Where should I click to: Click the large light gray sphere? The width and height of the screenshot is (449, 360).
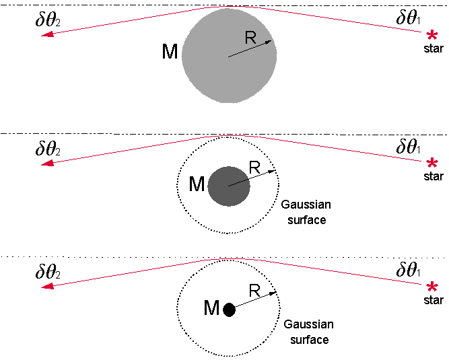point(229,56)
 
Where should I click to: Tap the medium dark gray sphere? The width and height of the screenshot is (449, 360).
point(229,186)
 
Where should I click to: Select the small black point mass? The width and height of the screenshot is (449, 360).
point(229,310)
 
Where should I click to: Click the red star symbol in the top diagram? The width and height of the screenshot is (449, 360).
point(431,36)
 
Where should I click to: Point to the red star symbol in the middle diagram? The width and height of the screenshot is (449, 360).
point(431,163)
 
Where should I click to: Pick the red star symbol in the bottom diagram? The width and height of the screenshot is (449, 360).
point(431,287)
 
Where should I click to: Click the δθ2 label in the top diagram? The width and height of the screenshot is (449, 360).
point(48,20)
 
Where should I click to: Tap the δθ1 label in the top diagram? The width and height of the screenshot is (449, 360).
point(409,17)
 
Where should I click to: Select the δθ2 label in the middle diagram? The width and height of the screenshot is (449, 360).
point(48,148)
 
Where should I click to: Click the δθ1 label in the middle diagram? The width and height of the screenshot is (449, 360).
point(409,146)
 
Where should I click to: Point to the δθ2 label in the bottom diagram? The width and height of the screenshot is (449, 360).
point(48,271)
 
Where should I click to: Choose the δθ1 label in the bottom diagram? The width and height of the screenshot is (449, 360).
point(409,269)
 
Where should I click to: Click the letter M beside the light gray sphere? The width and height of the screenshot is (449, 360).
point(170,52)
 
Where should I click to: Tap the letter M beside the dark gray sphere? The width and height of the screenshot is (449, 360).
point(197,184)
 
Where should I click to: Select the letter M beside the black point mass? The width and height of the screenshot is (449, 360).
point(211,308)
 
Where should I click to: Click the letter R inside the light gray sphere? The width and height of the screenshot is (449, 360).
point(250,38)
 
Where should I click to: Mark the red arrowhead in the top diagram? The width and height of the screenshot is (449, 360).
point(48,34)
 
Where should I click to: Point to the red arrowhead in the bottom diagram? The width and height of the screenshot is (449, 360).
point(48,286)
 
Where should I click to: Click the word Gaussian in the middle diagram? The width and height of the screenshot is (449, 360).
point(306,205)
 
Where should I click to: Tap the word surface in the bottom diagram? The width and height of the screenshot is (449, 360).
point(309,340)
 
